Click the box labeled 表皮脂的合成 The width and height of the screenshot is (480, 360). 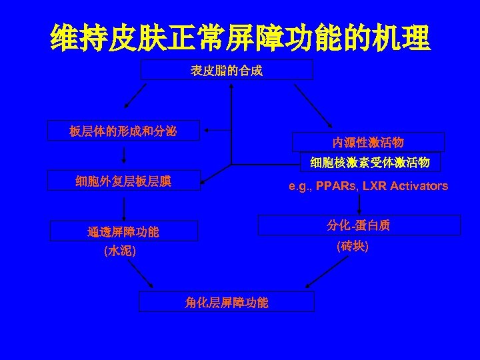(227, 69)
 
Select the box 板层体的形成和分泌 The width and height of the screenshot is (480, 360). (123, 131)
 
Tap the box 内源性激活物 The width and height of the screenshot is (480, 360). (369, 143)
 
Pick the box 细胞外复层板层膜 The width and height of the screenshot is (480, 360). (123, 181)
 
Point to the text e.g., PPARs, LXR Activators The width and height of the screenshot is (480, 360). (368, 186)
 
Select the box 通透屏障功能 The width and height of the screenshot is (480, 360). (123, 232)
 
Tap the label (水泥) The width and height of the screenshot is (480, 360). (120, 252)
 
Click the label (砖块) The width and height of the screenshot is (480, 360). (353, 246)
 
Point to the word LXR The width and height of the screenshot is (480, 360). (376, 186)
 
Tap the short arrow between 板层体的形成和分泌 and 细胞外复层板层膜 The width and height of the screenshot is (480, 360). (124, 155)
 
